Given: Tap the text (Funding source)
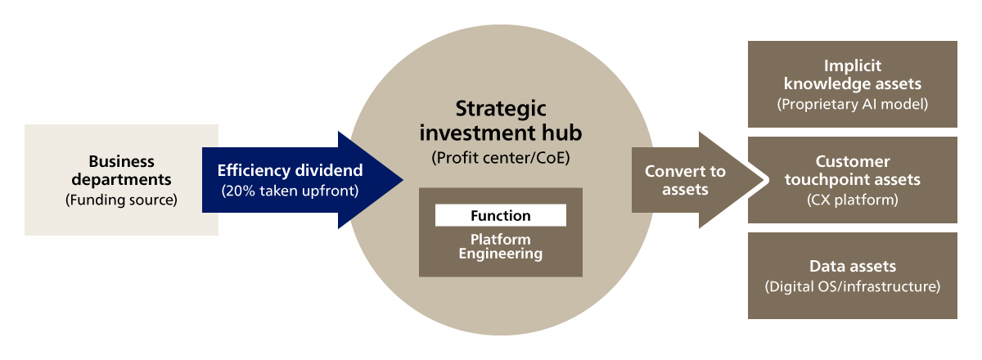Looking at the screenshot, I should point(121,199).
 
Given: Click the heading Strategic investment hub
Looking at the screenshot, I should point(500,120).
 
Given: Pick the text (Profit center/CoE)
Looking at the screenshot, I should point(500,159).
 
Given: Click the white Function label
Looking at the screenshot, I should point(500,216).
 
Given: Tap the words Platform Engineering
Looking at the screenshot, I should point(500,247).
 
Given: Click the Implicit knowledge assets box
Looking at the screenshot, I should point(852,83).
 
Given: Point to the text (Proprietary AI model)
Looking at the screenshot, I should point(852,104).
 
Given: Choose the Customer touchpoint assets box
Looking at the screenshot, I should point(852,180).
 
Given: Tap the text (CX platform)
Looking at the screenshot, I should point(852,200).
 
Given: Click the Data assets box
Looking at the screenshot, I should point(852,276).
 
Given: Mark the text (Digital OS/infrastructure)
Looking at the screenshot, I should point(852,287).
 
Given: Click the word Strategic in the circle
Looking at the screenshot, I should point(500,110).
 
